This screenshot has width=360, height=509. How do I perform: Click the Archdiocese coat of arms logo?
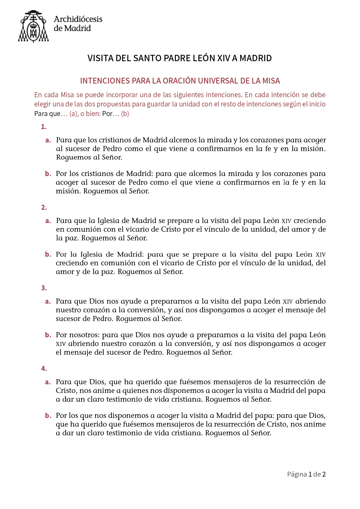click(33, 26)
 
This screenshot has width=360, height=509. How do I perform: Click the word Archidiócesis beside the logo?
click(78, 19)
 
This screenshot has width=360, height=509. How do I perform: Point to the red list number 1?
click(44, 127)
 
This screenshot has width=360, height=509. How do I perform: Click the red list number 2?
click(44, 207)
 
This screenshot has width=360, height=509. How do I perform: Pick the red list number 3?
click(44, 288)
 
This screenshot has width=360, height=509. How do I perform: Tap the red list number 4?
click(44, 369)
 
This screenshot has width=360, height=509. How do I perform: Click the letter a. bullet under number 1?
click(48, 140)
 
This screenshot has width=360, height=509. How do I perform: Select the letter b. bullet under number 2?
click(48, 255)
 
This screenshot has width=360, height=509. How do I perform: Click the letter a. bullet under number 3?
click(48, 302)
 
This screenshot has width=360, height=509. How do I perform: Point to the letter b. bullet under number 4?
click(48, 416)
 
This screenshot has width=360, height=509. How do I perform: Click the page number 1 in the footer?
click(310, 474)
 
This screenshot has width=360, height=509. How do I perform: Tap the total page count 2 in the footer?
click(324, 474)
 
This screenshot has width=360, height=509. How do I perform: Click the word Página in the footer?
click(297, 475)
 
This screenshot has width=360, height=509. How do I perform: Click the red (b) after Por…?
click(125, 114)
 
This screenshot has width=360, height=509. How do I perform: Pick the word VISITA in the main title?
click(100, 58)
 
